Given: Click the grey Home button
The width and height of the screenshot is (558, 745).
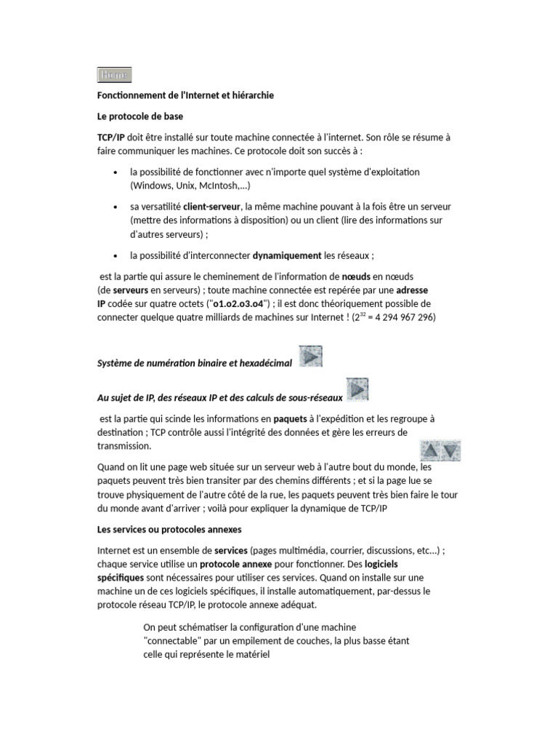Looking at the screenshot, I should (114, 75).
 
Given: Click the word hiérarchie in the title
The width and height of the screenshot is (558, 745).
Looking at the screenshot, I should (251, 95).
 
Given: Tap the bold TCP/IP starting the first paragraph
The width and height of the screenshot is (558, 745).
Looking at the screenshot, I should (110, 137).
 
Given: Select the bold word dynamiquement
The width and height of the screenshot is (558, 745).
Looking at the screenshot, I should (286, 255).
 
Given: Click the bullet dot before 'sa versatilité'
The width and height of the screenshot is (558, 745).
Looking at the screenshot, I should (116, 208).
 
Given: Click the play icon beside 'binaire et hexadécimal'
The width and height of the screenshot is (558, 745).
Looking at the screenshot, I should (310, 357).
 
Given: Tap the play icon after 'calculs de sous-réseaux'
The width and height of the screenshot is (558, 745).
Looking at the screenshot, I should (357, 390).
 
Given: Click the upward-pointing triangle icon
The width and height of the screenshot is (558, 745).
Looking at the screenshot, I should (430, 450).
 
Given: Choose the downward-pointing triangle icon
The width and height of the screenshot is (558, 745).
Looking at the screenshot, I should (451, 450).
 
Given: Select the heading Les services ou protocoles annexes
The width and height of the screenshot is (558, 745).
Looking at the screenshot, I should (169, 529).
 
